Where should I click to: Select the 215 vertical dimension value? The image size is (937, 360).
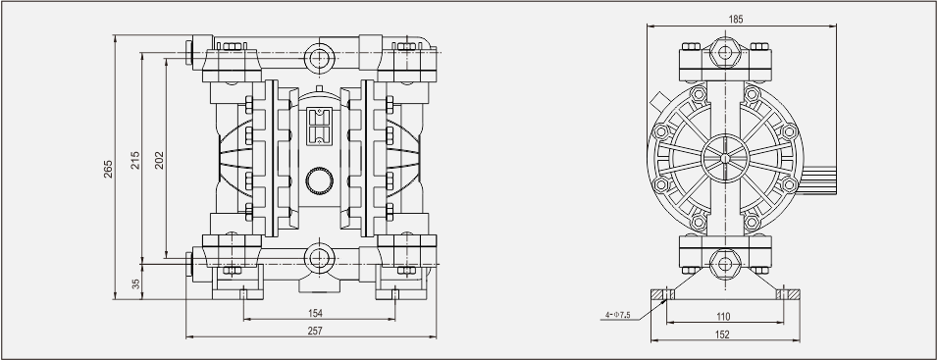pos(135,160)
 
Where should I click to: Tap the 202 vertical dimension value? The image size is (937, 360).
pos(159,160)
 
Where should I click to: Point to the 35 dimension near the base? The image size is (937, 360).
pos(135,283)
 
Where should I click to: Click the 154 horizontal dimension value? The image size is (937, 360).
pos(315,313)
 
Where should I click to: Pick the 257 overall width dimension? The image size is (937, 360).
pos(315,331)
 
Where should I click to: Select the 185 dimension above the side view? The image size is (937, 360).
pos(736,19)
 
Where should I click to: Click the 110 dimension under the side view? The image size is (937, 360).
pos(723,317)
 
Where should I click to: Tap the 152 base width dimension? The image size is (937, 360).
pos(722,334)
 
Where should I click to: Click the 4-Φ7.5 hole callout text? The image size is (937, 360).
pos(618,315)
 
